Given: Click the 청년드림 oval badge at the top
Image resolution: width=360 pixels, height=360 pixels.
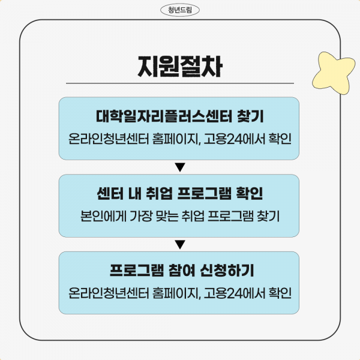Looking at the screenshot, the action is point(180,10).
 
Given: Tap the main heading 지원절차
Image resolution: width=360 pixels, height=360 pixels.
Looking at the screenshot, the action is point(180,67).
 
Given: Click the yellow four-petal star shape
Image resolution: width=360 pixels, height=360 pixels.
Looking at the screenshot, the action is point(333,73).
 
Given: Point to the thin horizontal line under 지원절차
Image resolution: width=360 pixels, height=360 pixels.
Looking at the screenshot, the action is point(180,83).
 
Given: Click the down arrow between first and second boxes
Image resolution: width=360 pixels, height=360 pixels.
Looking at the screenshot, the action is point(180,167).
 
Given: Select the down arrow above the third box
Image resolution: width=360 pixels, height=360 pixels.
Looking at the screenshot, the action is point(180,245).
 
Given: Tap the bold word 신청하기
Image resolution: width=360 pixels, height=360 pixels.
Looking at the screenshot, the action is point(227,271).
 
